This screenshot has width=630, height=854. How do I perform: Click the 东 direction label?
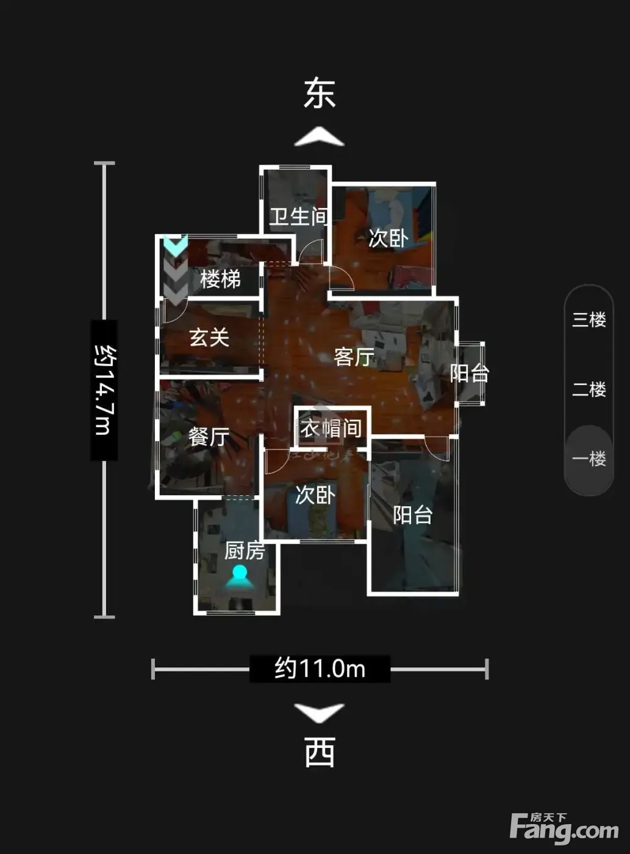click(x=319, y=94)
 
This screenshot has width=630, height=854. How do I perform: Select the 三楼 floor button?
click(x=589, y=320)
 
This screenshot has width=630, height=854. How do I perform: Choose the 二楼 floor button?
click(x=589, y=389)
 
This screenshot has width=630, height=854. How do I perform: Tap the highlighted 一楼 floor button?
click(x=589, y=459)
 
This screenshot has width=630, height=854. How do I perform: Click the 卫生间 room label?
click(x=298, y=217)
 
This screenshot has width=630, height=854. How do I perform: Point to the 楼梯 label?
click(x=220, y=279)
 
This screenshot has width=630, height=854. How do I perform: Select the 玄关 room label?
click(x=209, y=338)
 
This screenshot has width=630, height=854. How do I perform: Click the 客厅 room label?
click(x=354, y=357)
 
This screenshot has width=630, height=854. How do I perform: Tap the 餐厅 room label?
click(x=209, y=437)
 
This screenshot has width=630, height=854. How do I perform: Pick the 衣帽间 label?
click(x=331, y=428)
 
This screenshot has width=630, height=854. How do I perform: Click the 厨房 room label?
click(x=245, y=551)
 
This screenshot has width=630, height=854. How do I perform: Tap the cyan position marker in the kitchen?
click(x=240, y=576)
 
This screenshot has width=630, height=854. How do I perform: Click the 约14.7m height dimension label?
click(x=104, y=390)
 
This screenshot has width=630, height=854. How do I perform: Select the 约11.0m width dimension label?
click(x=320, y=668)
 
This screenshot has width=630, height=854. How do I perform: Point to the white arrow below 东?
click(x=319, y=137)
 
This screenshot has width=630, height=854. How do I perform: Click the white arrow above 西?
click(x=319, y=712)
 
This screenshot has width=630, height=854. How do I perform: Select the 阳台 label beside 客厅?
click(x=470, y=373)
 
